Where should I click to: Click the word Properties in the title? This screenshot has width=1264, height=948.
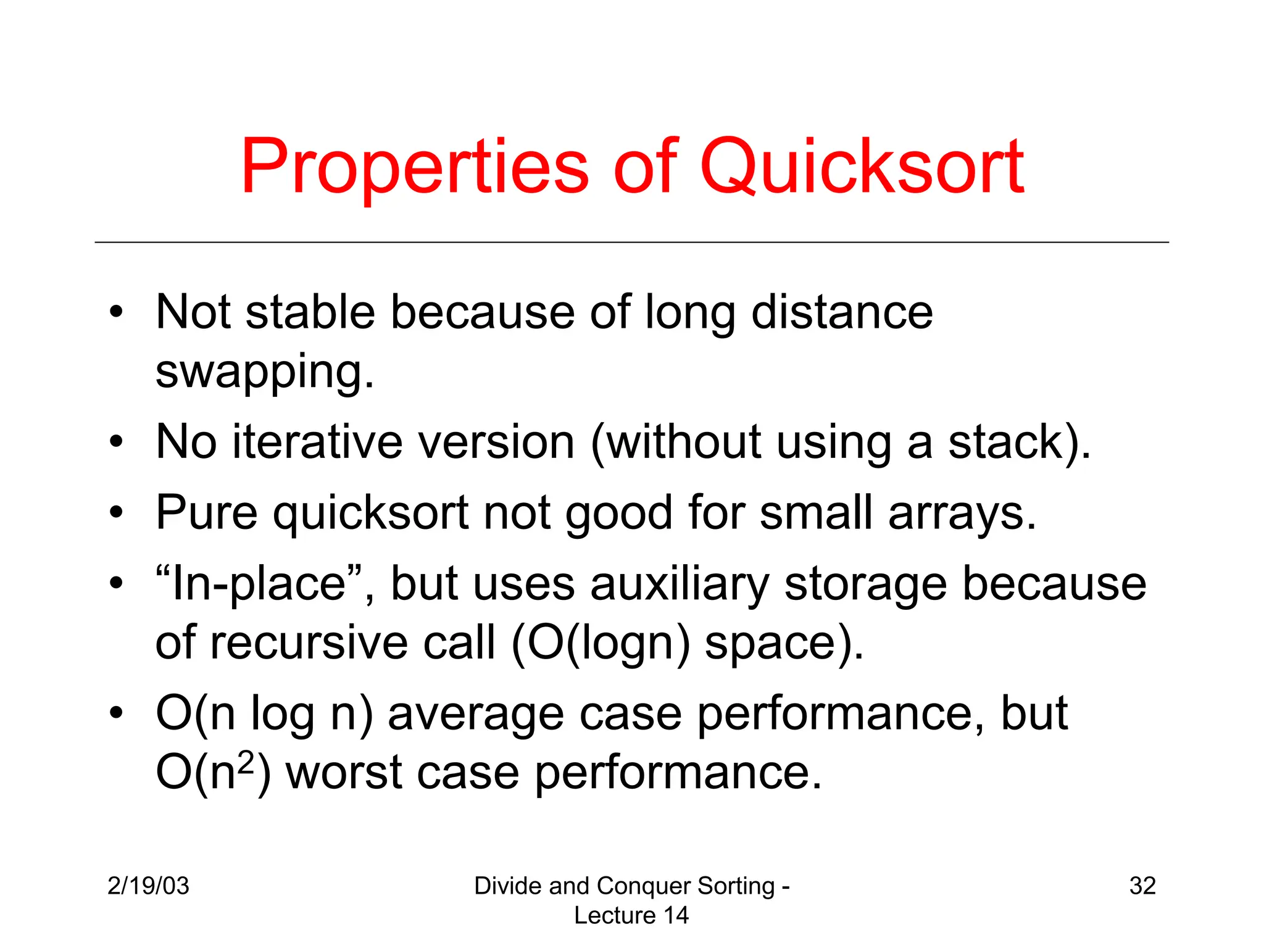tap(415, 168)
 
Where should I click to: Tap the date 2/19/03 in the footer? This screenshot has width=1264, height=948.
tap(148, 886)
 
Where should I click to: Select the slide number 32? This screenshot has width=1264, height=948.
tap(1142, 886)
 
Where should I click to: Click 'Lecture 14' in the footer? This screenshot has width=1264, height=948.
tap(631, 915)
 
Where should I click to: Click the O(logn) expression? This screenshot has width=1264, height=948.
tap(600, 643)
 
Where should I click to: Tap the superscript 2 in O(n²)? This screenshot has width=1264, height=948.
tap(246, 763)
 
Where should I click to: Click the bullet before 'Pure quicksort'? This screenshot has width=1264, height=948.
tap(116, 513)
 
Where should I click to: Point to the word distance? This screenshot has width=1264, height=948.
tap(842, 312)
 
